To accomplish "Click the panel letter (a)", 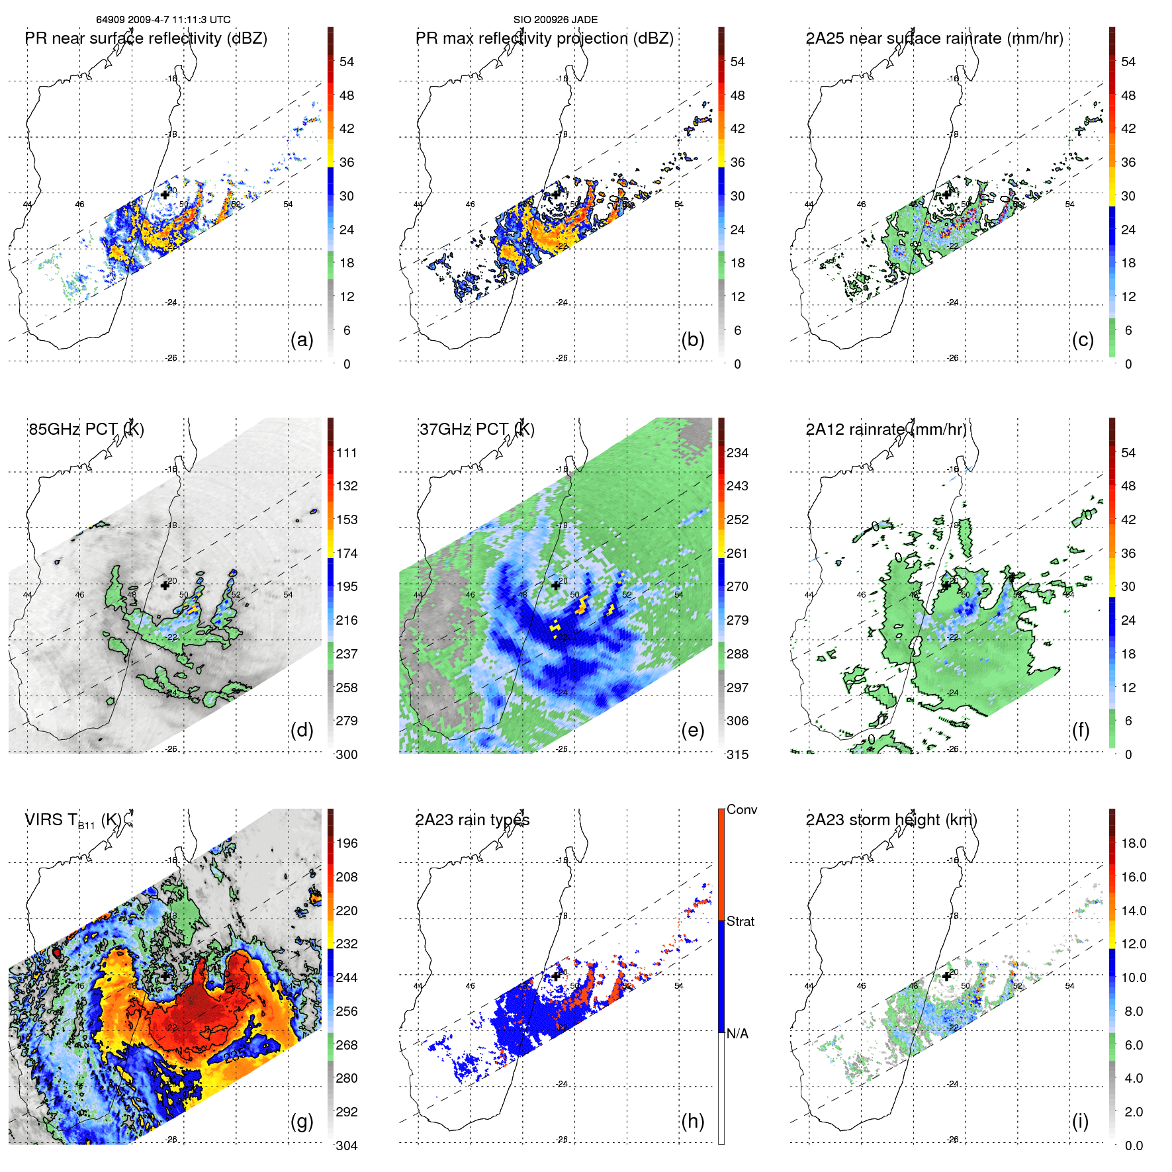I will click(x=302, y=340).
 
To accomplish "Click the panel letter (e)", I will click(x=692, y=731).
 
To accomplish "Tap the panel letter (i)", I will click(x=1080, y=1121).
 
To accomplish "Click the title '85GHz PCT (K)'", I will click(x=86, y=429).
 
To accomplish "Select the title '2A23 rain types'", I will click(x=472, y=820).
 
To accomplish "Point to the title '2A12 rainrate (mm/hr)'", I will click(x=886, y=429).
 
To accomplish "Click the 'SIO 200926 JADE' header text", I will click(x=555, y=20).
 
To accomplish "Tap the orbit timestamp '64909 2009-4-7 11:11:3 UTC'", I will click(x=163, y=20).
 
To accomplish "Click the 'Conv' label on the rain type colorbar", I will click(x=742, y=809).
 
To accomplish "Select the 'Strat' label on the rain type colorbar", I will click(x=741, y=921).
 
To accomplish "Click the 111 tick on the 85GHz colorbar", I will click(x=347, y=453).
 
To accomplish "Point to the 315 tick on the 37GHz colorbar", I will click(x=737, y=754).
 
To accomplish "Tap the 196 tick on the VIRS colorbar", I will click(x=347, y=843).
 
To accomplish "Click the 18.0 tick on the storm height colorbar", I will click(x=1134, y=843).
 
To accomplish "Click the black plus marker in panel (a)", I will click(x=165, y=195).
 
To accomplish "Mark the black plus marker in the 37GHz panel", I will click(x=556, y=585).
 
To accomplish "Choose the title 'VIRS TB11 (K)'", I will click(x=73, y=821).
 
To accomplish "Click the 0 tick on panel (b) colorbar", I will click(x=737, y=364).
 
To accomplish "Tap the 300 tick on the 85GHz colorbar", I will click(x=347, y=754).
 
